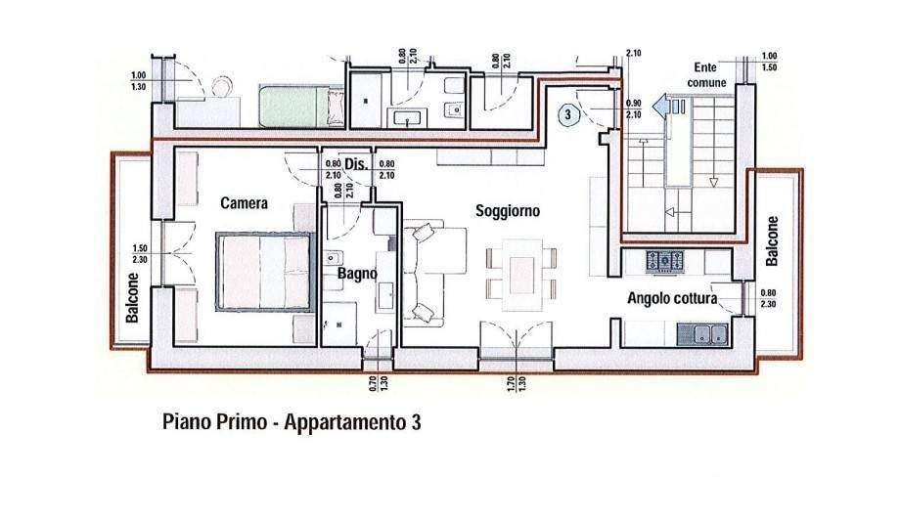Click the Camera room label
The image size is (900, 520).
click(x=244, y=203)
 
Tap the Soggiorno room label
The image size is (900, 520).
click(x=508, y=211)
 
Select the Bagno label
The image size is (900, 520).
click(x=357, y=274)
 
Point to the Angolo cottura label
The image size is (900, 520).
click(x=671, y=298)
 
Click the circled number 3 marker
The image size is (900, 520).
click(x=568, y=114)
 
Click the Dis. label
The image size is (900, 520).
click(x=356, y=164)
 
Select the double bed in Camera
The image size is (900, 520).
click(x=266, y=271)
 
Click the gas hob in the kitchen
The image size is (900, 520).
click(x=664, y=260)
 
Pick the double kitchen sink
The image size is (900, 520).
click(x=703, y=333)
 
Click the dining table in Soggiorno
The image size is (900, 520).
click(x=521, y=275)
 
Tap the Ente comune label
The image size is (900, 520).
click(x=706, y=75)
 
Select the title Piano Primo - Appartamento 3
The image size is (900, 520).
click(x=292, y=422)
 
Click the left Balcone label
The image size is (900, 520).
click(x=133, y=297)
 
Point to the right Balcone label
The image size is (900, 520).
click(x=772, y=240)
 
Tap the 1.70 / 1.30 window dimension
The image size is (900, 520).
click(x=517, y=383)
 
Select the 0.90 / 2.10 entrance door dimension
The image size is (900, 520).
click(x=634, y=108)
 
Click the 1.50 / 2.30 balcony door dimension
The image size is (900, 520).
click(x=140, y=254)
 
